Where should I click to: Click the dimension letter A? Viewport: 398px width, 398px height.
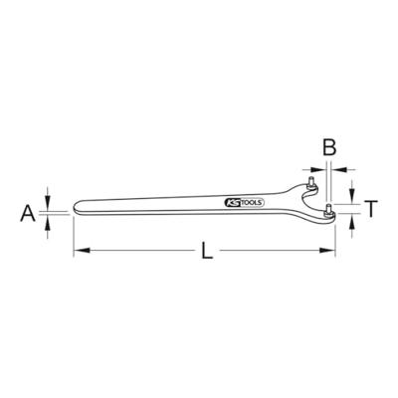point(28,213)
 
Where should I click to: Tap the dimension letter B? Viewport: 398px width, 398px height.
point(329,147)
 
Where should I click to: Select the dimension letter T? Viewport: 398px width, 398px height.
point(371,209)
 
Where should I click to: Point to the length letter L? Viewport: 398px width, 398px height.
point(207,251)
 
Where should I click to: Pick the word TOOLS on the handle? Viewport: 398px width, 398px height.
point(252,203)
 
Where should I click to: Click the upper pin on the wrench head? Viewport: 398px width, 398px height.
point(311,183)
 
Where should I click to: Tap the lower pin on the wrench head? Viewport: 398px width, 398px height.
point(329,211)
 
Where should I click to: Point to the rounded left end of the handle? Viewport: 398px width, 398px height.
point(76,207)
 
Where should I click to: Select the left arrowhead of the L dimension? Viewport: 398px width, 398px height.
point(82,250)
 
